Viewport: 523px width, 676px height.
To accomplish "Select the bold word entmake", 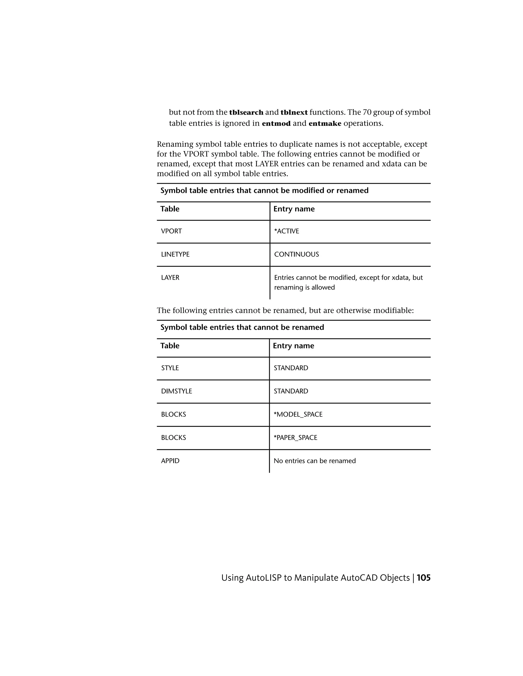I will pyautogui.click(x=325, y=123).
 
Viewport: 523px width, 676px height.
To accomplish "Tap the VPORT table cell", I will pyautogui.click(x=171, y=231).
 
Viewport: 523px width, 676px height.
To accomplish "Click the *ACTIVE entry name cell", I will pyautogui.click(x=287, y=231).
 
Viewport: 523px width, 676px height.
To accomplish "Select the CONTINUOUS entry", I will pyautogui.click(x=296, y=254).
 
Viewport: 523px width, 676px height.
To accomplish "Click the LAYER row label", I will pyautogui.click(x=170, y=278).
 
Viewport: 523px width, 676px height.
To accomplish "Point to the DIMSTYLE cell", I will pyautogui.click(x=176, y=391).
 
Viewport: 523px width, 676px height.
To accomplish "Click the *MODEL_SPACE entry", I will pyautogui.click(x=298, y=415).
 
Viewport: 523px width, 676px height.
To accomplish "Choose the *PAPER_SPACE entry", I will pyautogui.click(x=295, y=438).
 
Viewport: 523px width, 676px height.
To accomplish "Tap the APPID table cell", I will pyautogui.click(x=170, y=461).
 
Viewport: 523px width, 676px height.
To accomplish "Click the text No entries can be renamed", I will pyautogui.click(x=314, y=461).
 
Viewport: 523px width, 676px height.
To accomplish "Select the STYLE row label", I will pyautogui.click(x=170, y=368).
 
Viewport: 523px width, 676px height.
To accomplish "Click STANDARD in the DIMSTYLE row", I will pyautogui.click(x=291, y=391).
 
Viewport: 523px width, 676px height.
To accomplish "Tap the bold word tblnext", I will pyautogui.click(x=294, y=112).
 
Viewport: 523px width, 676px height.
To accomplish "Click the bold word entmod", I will pyautogui.click(x=276, y=123).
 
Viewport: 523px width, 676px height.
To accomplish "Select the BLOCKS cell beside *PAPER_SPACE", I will pyautogui.click(x=173, y=438).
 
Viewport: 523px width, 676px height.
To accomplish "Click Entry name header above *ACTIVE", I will pyautogui.click(x=294, y=209).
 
